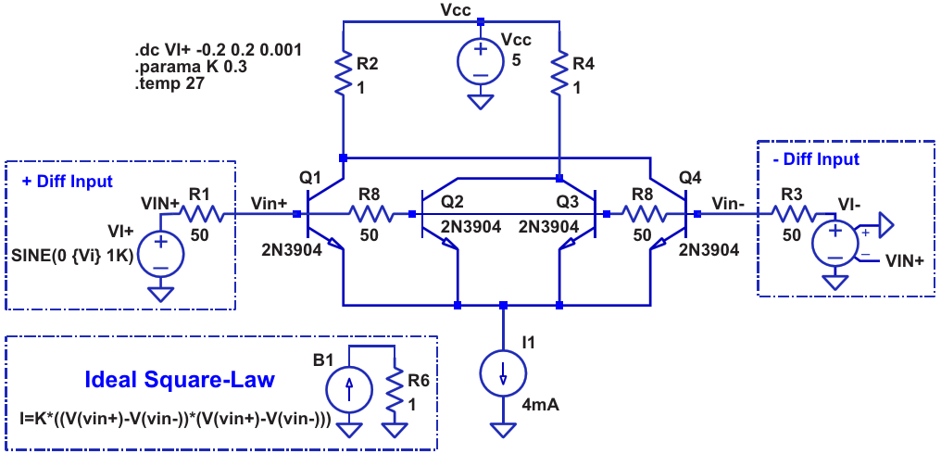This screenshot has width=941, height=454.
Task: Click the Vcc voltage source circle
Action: coord(480,62)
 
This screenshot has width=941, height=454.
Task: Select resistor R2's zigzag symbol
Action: coord(343,72)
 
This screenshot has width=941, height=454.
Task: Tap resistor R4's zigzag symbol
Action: coord(558,72)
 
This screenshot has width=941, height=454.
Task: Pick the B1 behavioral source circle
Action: coord(349,389)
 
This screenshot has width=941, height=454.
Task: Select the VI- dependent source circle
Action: coord(834,244)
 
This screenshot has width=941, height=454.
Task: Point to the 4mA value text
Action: coord(541,406)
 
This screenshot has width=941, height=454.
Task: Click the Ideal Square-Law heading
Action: coord(180,380)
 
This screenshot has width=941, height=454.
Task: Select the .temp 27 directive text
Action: coord(169,84)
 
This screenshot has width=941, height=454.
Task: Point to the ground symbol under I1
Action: coord(502,430)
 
